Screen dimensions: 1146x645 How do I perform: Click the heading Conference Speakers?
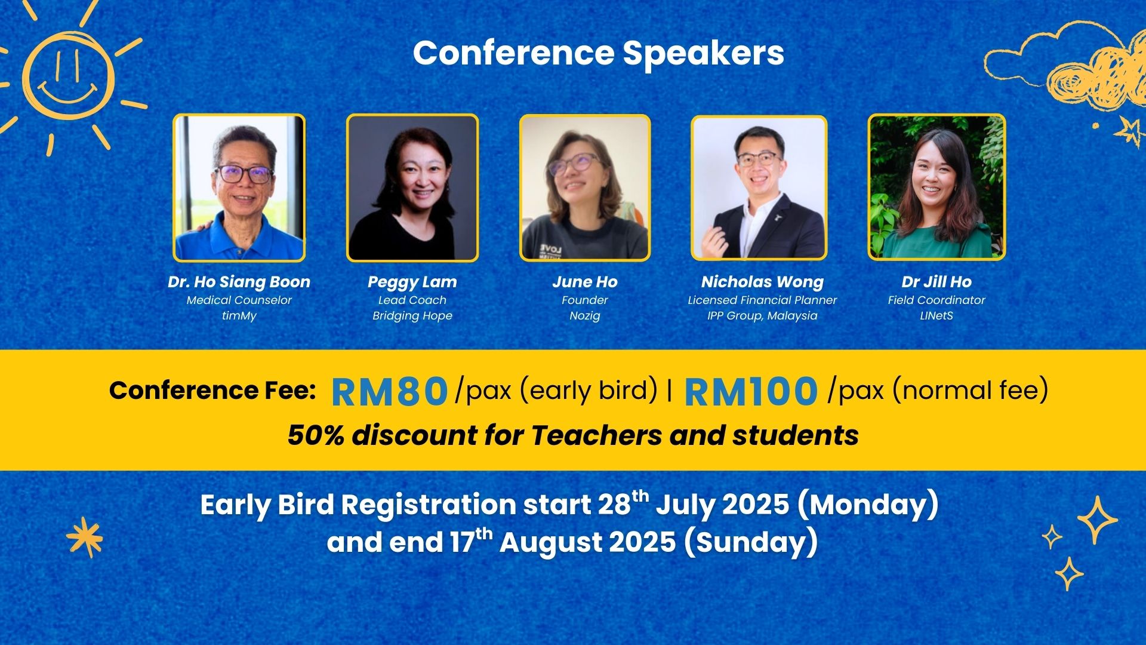pyautogui.click(x=598, y=53)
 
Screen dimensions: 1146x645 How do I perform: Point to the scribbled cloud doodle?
pyautogui.click(x=1068, y=72)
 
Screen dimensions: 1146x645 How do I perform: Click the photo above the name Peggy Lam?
pyautogui.click(x=412, y=188)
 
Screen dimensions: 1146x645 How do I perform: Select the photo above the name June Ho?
pyautogui.click(x=585, y=188)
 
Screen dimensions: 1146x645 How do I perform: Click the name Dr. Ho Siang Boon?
pyautogui.click(x=239, y=282)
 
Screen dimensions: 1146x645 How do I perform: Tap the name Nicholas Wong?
pyautogui.click(x=762, y=282)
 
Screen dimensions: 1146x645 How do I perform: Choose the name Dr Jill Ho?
pyautogui.click(x=936, y=282)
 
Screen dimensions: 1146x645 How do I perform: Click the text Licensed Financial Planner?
pyautogui.click(x=762, y=300)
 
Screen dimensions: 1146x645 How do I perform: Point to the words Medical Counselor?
pyautogui.click(x=239, y=300)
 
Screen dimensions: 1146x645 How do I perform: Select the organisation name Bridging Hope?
pyautogui.click(x=412, y=316)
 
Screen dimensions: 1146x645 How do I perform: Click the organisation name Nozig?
pyautogui.click(x=585, y=316)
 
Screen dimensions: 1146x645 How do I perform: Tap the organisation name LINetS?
pyautogui.click(x=936, y=316)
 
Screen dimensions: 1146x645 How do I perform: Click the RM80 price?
pyautogui.click(x=389, y=391)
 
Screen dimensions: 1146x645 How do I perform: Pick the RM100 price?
pyautogui.click(x=751, y=391)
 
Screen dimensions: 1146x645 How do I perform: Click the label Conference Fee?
pyautogui.click(x=212, y=391)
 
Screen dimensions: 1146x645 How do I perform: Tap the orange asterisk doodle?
pyautogui.click(x=85, y=537)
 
